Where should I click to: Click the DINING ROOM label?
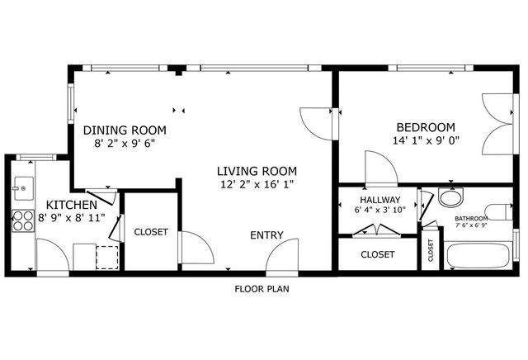point(125,130)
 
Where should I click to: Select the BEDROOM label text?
point(426,127)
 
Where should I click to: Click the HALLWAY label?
point(379,200)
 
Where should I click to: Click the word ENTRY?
point(266,235)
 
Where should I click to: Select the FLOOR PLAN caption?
point(262,289)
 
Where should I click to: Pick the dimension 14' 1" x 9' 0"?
point(426,140)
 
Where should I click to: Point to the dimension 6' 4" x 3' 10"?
point(379,211)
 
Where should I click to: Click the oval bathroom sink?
point(450,198)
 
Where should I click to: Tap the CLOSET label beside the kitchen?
point(151,233)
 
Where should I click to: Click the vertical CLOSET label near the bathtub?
point(431,251)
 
